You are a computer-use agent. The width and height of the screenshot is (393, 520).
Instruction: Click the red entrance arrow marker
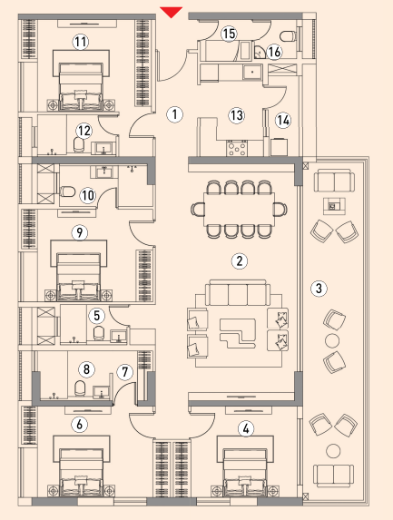pos(172,12)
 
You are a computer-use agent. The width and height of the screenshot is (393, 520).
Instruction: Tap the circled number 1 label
pos(174,114)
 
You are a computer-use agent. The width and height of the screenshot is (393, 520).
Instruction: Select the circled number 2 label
pos(239,261)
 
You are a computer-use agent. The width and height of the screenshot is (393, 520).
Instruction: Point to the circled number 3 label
pos(319,288)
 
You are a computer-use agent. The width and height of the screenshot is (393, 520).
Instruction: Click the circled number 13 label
pos(237,116)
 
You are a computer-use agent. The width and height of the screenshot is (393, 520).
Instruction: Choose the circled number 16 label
pos(274,52)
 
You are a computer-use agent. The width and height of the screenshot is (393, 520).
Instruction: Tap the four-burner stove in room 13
pos(237,148)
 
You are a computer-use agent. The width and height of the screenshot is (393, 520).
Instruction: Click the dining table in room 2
pos(239,210)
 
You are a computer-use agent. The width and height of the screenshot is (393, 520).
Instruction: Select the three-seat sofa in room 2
pos(238,293)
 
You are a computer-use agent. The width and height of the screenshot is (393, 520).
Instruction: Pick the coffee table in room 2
pos(238,333)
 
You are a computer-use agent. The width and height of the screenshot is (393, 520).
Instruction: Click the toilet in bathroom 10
pos(68,191)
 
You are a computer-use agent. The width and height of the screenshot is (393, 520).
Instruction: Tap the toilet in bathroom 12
pos(79,145)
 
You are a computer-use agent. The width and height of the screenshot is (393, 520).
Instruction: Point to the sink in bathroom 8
pos(100,392)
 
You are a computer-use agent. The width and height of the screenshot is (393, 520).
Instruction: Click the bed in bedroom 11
pos(81,86)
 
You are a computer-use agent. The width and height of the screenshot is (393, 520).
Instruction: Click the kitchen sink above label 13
pos(252,72)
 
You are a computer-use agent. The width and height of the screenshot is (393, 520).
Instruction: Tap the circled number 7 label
pos(124,372)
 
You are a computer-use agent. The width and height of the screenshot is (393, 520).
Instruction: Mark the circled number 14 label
pos(283,121)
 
